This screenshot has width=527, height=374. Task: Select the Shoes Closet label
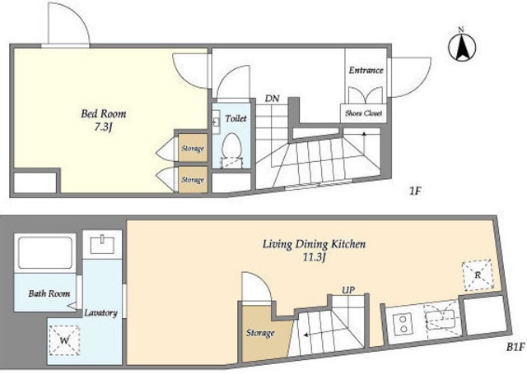[364, 113]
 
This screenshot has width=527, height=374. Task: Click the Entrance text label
[366, 70]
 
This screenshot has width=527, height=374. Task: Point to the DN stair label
[273, 99]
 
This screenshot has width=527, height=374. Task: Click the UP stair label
[348, 289]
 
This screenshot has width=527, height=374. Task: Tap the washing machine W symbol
[64, 340]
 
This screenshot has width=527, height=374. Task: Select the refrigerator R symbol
[478, 275]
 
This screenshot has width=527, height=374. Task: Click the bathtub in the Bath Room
[45, 252]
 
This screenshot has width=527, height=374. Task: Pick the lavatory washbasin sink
[102, 244]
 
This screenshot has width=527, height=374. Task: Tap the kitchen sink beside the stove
[441, 320]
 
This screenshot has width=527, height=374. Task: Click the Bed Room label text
[104, 113]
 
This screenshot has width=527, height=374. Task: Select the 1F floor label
[415, 192]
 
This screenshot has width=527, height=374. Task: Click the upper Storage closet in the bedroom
[193, 148]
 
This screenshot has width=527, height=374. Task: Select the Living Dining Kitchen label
[314, 244]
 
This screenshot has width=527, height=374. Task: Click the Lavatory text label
[100, 313]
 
